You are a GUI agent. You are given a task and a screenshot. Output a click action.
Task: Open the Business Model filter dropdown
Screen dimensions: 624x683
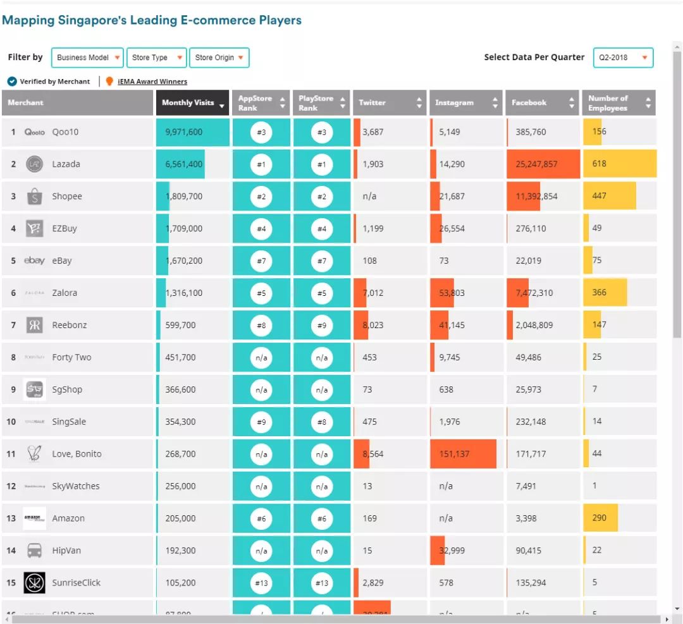87,58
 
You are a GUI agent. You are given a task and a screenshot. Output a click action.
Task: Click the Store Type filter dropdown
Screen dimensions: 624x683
156,58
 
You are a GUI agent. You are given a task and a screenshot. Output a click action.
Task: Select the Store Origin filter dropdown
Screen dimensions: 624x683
219,58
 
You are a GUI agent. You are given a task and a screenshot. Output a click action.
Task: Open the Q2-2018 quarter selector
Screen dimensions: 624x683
623,58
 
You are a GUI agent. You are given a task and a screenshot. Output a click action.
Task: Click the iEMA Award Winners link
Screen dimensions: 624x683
152,82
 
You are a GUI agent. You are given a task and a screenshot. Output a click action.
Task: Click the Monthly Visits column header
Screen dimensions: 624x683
192,103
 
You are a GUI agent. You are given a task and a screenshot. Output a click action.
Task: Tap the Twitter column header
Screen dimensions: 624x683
389,103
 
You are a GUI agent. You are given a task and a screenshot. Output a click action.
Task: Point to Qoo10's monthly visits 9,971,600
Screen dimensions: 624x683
184,132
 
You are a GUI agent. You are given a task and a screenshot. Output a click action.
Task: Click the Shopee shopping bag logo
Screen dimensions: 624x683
34,197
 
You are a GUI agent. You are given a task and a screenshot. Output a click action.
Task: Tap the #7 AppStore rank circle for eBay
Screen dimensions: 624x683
261,260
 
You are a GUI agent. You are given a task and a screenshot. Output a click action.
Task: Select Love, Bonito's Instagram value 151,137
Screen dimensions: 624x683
454,454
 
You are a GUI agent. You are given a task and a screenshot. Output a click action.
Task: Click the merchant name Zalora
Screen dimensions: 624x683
66,293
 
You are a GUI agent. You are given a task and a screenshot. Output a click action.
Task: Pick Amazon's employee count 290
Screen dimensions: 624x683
599,518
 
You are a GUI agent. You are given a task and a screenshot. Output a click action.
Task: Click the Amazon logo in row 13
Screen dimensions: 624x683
34,518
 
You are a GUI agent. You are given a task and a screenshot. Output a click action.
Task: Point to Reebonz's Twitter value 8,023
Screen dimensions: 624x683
372,325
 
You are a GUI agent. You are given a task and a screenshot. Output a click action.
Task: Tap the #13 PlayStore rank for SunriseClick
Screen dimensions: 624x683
322,583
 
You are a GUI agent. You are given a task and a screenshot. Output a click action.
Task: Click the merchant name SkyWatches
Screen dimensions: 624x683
76,486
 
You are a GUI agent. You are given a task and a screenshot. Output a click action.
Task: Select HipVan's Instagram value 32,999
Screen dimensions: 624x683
452,551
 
